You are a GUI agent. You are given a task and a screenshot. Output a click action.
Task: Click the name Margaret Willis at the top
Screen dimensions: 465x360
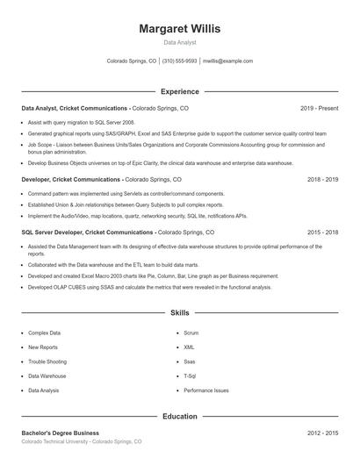[180, 28]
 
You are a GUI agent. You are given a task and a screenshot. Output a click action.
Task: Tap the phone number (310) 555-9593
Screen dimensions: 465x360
[179, 61]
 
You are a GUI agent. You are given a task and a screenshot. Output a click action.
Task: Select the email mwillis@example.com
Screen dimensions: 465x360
[227, 61]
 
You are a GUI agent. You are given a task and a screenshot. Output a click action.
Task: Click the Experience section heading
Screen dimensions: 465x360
[180, 91]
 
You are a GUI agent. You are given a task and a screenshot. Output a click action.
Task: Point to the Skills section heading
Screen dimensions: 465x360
[180, 312]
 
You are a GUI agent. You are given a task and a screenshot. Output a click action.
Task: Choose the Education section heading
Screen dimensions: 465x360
[180, 416]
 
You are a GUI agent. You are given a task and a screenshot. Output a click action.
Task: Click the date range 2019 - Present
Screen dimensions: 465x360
[319, 108]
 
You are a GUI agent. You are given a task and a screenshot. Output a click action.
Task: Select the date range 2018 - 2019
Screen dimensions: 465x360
[322, 179]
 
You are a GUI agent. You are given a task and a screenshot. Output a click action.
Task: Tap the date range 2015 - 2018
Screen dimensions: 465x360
[322, 232]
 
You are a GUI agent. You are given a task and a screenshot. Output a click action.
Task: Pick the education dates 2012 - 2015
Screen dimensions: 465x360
[322, 433]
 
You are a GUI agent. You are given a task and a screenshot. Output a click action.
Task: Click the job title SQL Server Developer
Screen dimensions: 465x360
[54, 232]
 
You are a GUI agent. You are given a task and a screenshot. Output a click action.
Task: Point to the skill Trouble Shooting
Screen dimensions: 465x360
[47, 361]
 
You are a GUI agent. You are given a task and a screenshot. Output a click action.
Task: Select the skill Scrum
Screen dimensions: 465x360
[191, 333]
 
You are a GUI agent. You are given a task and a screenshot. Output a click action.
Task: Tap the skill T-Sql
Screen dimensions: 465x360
[190, 376]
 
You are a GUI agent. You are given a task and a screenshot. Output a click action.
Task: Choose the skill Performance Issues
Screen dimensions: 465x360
[206, 390]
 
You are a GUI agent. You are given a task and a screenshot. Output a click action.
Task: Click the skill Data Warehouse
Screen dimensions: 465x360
[47, 376]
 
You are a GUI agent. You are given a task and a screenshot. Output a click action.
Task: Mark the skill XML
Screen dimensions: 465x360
[189, 347]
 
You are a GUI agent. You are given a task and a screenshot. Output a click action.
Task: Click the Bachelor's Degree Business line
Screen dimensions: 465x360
[60, 433]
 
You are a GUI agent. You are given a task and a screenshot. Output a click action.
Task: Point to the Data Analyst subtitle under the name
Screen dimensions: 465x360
[180, 42]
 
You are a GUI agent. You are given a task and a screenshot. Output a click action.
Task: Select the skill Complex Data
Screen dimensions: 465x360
[45, 333]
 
